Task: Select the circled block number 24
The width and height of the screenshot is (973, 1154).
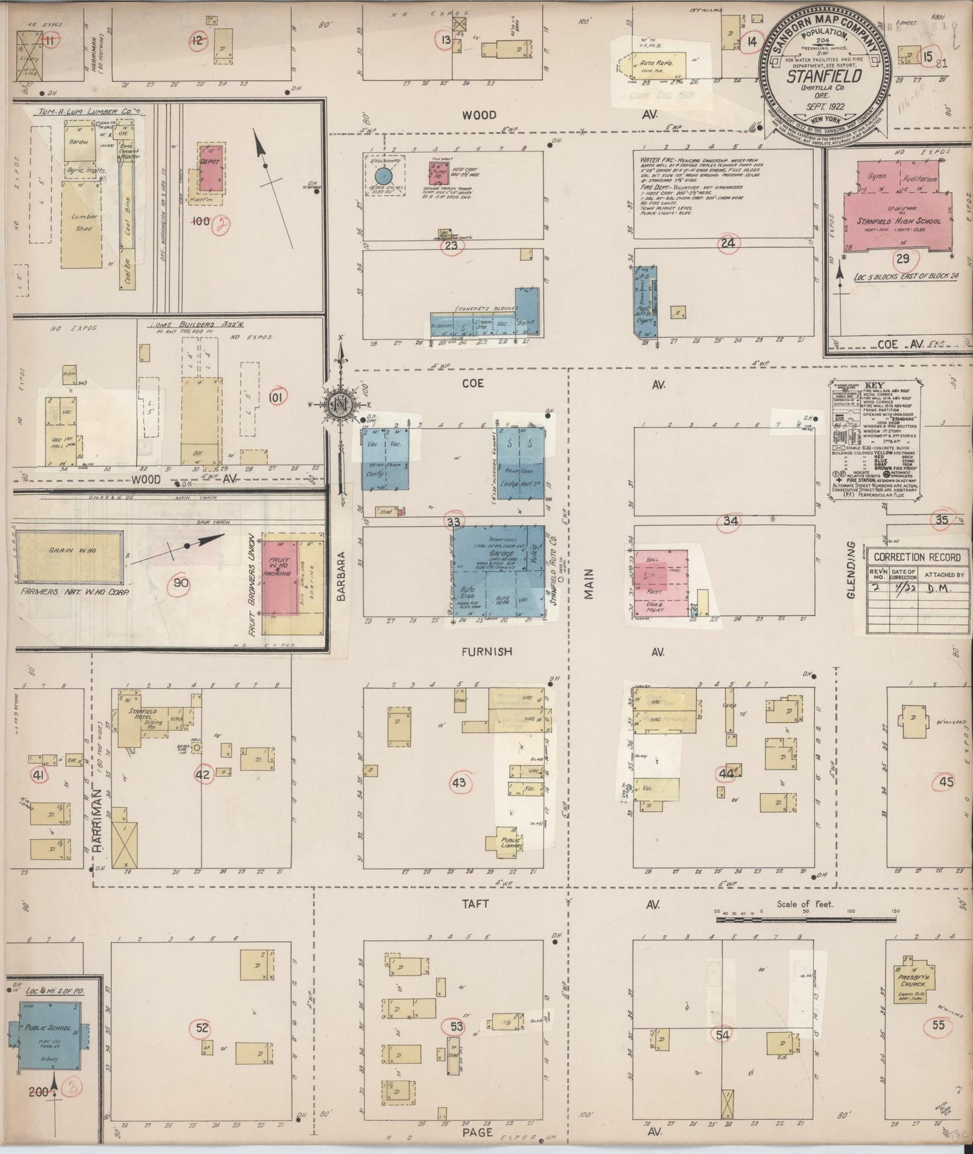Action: point(727,243)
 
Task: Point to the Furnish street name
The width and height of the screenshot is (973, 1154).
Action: point(487,651)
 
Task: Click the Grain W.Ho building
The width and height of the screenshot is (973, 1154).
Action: point(69,557)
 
